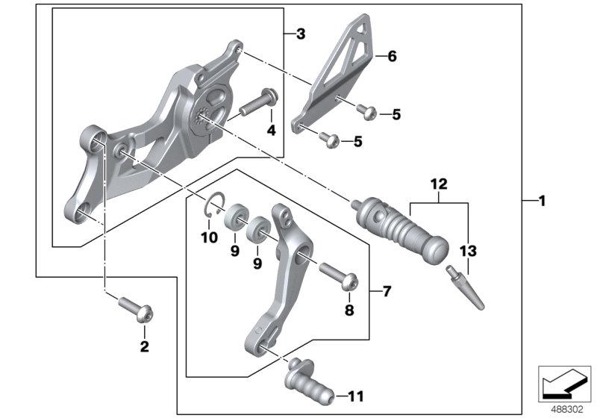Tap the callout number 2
[145, 346]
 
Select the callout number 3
[300, 34]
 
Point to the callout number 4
[272, 130]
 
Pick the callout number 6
[392, 55]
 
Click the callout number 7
[386, 290]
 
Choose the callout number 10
[208, 238]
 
